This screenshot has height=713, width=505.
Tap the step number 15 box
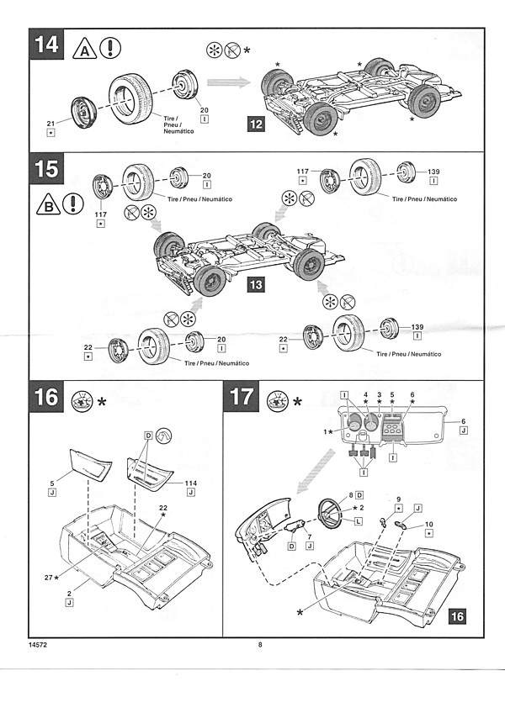click(x=47, y=169)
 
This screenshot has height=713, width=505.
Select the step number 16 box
click(x=47, y=396)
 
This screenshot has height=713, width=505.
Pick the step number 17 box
click(x=241, y=396)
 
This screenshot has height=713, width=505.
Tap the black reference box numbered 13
click(x=256, y=286)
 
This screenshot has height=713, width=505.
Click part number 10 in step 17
click(x=428, y=524)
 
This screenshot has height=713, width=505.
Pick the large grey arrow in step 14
click(x=229, y=82)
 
